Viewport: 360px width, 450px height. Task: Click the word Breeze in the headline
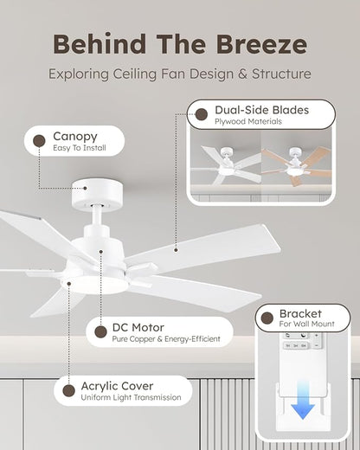(x=261, y=44)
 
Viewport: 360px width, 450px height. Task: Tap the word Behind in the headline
(x=100, y=44)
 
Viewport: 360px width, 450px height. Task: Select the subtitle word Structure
(x=281, y=74)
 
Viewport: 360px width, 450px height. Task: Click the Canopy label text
(x=75, y=137)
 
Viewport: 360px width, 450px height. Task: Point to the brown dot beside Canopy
(x=39, y=141)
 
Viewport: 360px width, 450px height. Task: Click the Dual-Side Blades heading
(x=261, y=110)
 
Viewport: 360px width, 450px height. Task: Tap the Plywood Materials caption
(x=248, y=121)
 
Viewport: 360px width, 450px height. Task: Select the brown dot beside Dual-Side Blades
(x=202, y=114)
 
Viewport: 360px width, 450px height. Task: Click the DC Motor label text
(x=138, y=328)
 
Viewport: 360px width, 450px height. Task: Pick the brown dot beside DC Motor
(x=100, y=332)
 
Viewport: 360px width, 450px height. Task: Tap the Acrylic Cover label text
(x=117, y=386)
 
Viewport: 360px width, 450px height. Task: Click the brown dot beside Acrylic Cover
(x=69, y=390)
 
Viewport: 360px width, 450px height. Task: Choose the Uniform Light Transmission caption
(x=131, y=397)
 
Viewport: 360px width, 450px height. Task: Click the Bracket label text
(x=300, y=313)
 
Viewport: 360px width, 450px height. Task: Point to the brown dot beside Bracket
(x=267, y=318)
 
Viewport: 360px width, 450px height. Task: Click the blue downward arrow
(x=303, y=400)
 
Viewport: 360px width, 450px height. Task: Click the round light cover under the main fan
(x=94, y=285)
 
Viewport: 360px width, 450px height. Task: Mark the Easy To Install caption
(x=80, y=148)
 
